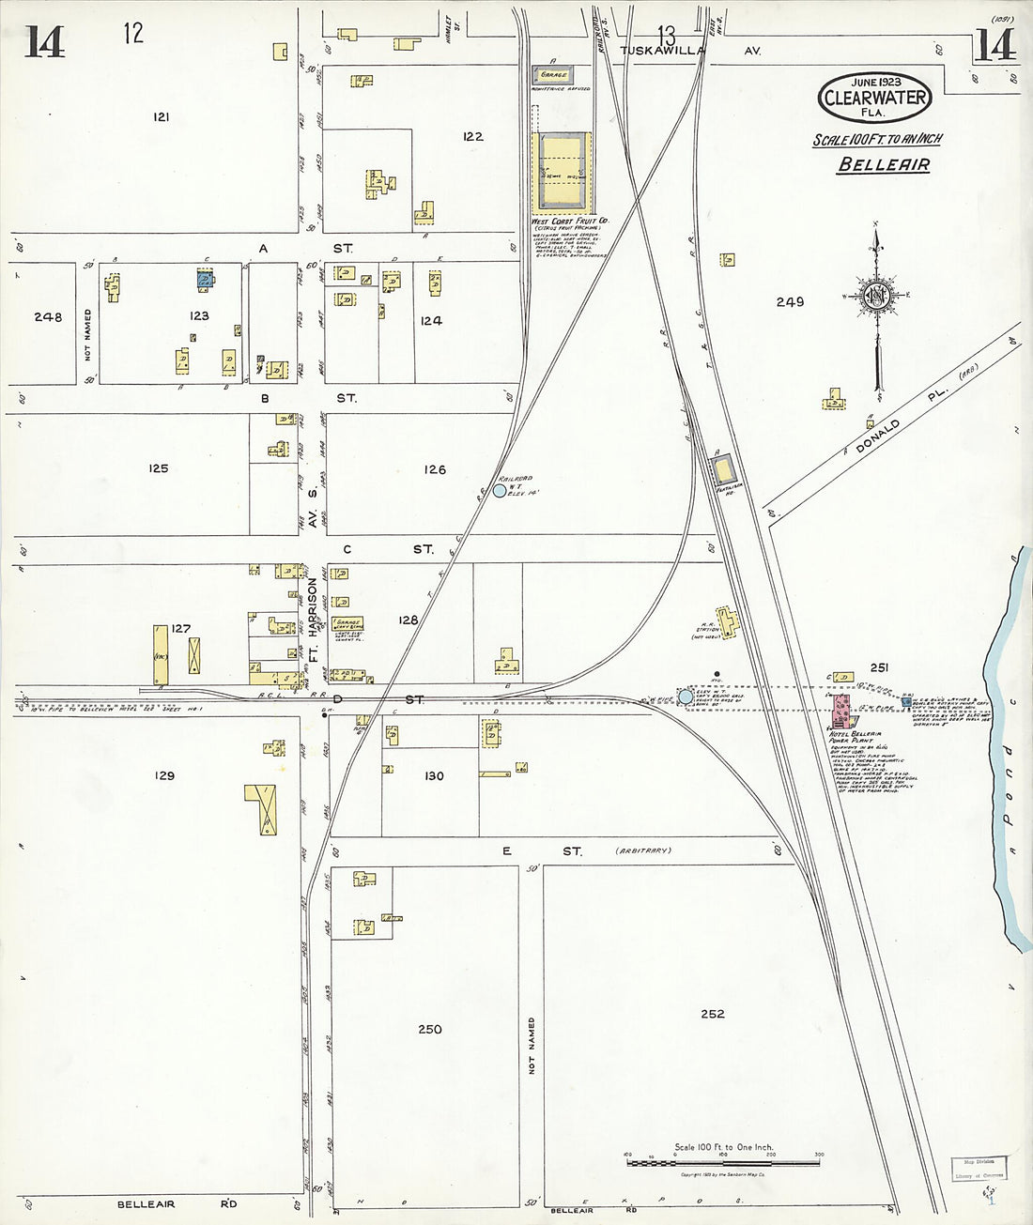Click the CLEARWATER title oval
point(875,97)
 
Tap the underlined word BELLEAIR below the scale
point(884,165)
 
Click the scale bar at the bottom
point(723,1163)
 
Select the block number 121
point(162,117)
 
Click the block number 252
point(712,1014)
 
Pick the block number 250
point(429,1029)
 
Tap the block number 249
point(790,302)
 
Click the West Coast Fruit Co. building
point(561,173)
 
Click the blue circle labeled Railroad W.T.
point(499,490)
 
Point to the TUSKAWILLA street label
point(662,51)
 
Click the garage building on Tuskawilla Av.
point(552,74)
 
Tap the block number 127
point(180,629)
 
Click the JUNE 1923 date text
point(875,83)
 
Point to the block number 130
point(433,775)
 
